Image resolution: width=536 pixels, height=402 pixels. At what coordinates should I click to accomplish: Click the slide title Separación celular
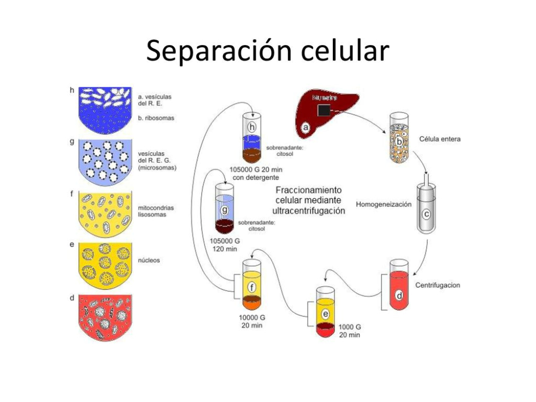[x=267, y=51]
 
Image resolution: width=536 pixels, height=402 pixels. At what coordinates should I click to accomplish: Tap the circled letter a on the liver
[x=306, y=128]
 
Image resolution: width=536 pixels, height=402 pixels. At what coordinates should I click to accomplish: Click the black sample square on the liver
[x=324, y=110]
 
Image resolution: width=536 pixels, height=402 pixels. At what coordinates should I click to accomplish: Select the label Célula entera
[x=440, y=139]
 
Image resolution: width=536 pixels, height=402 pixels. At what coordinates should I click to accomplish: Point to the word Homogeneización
[x=383, y=204]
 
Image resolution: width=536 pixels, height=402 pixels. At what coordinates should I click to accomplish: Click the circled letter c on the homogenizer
[x=427, y=214]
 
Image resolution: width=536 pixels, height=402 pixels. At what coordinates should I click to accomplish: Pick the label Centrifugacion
[x=437, y=285]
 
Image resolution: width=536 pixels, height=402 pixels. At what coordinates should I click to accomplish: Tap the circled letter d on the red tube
[x=399, y=295]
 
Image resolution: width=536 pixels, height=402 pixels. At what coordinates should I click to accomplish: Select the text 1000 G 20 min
[x=350, y=331]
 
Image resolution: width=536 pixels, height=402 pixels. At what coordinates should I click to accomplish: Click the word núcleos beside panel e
[x=148, y=260]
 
